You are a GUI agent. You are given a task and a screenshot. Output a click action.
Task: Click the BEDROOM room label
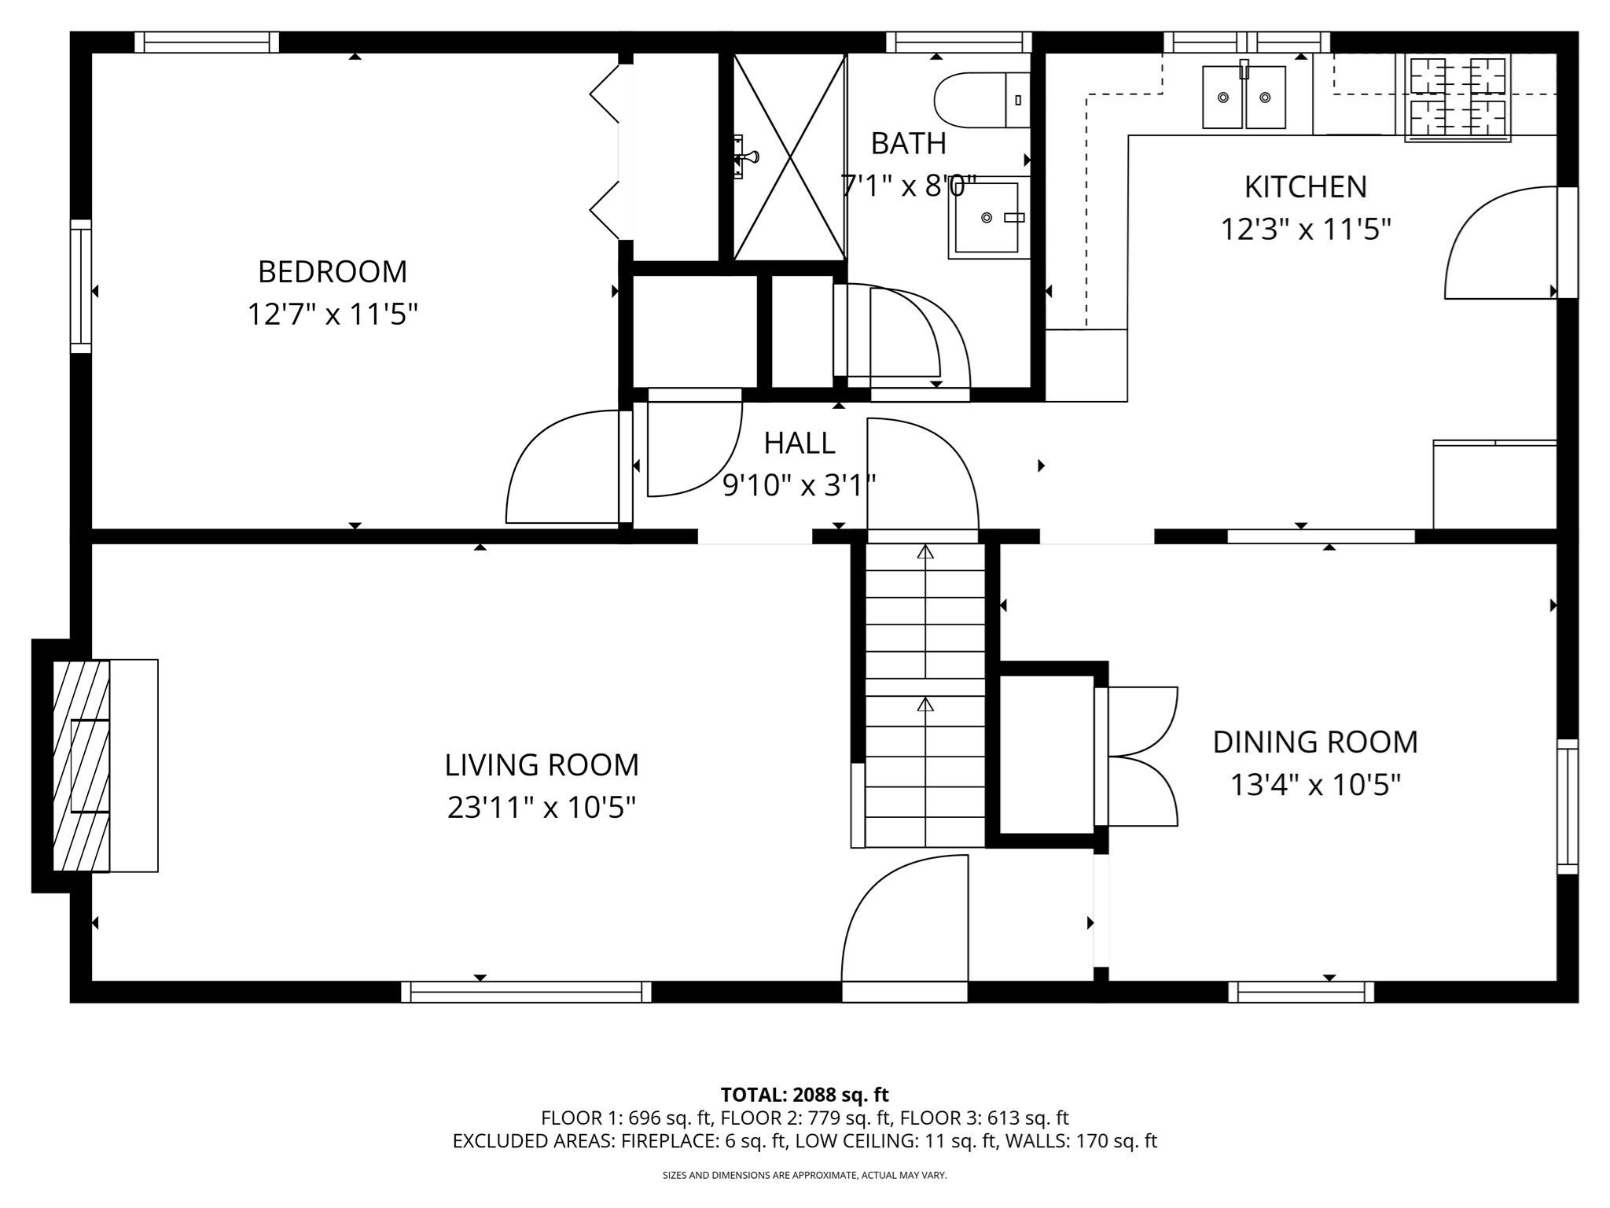click(333, 272)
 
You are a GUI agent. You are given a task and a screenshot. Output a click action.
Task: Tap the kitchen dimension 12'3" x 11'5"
click(1305, 230)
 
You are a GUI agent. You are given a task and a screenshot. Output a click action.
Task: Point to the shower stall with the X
click(788, 157)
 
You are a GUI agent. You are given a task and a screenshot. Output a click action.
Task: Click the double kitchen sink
click(1244, 98)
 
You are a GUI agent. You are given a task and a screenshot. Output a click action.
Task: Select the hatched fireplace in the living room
click(81, 765)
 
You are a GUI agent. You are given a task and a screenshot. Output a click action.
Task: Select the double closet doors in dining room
click(1140, 757)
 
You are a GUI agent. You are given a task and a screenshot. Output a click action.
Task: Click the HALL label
click(799, 444)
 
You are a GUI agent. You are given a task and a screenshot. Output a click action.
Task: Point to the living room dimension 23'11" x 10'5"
click(541, 807)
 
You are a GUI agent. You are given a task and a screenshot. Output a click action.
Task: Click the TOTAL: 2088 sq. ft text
click(804, 1094)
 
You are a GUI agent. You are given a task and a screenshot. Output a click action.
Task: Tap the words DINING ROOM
click(1314, 742)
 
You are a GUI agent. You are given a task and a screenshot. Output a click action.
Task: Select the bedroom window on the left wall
click(81, 286)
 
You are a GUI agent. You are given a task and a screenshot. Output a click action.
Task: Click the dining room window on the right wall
click(1567, 806)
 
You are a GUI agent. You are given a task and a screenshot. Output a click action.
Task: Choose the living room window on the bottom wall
click(526, 993)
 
